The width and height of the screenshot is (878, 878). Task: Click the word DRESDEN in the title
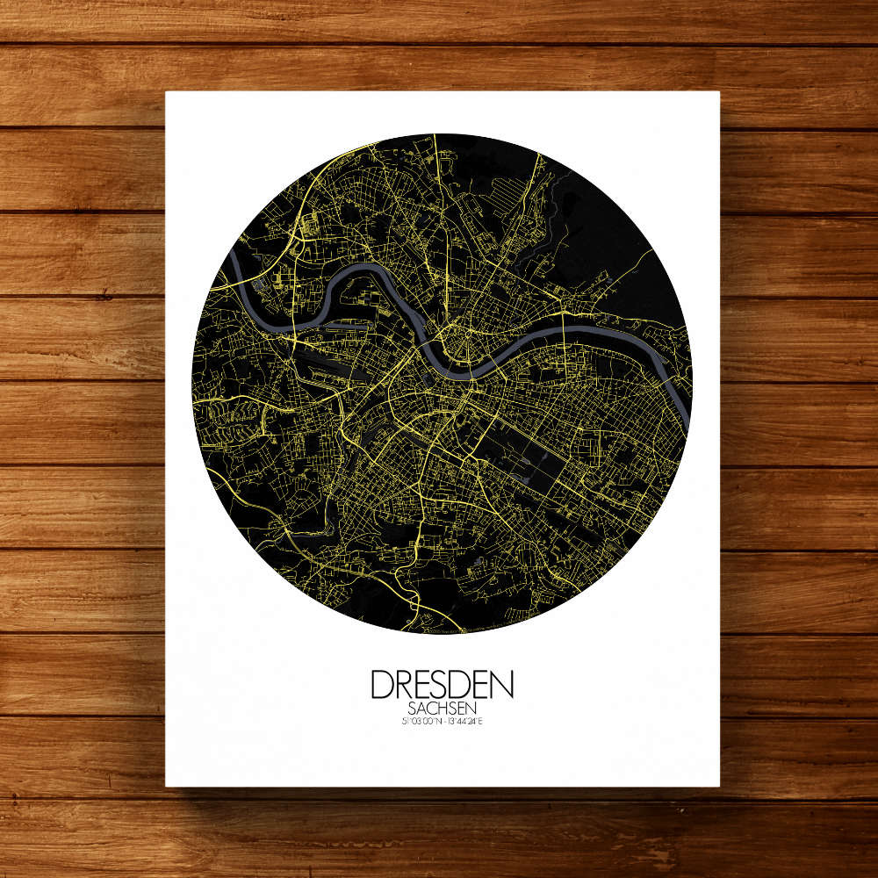point(442,684)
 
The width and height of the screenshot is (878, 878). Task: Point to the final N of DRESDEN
point(501,684)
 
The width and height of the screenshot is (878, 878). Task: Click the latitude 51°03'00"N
point(415,722)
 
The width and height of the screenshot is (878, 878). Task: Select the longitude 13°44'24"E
point(465,722)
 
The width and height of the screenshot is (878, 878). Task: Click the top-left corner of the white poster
point(167,92)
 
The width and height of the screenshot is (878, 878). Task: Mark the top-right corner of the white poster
point(719,92)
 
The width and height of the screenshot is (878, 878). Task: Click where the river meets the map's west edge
point(231,255)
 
